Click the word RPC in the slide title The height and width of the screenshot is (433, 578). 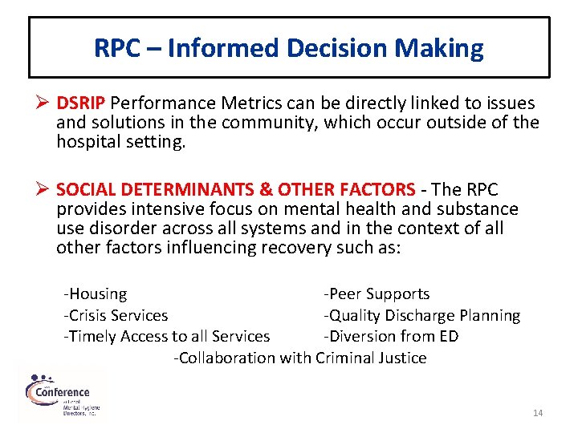[117, 48]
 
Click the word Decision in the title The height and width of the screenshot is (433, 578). [334, 48]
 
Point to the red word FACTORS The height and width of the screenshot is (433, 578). [377, 190]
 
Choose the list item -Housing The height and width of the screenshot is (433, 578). [96, 294]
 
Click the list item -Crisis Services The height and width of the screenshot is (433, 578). [116, 316]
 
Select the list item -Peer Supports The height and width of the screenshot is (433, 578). [377, 294]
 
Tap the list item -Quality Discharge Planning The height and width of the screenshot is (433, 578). [421, 316]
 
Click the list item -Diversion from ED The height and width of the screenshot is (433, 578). [391, 337]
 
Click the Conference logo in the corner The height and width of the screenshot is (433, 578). [63, 394]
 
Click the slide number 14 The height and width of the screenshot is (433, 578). [538, 413]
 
